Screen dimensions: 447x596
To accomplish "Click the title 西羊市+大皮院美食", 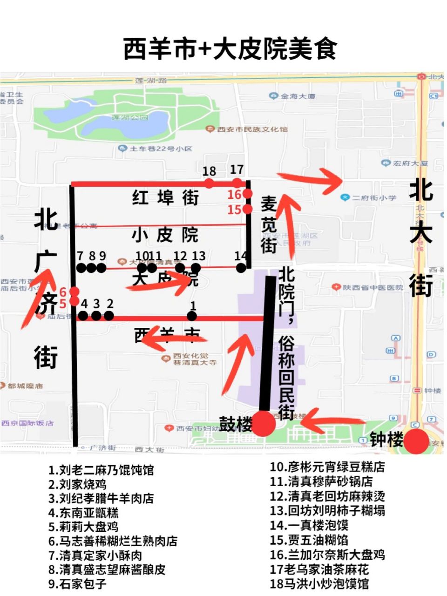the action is [x=230, y=49].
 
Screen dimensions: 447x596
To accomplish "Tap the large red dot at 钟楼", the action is [x=416, y=441].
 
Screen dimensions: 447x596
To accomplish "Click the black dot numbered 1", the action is [x=192, y=316].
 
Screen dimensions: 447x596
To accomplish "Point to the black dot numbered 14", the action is [x=241, y=268].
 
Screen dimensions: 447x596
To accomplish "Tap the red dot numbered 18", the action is [x=209, y=183].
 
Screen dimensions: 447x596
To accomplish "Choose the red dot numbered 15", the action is [x=247, y=209].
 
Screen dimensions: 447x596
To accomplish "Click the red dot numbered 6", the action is [x=74, y=292].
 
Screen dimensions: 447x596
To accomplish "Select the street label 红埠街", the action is [x=165, y=198].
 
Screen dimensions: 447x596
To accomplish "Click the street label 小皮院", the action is [x=165, y=235].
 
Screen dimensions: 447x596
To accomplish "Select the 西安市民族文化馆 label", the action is [x=252, y=129].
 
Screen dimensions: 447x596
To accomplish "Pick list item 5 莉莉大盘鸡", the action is [x=83, y=527].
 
